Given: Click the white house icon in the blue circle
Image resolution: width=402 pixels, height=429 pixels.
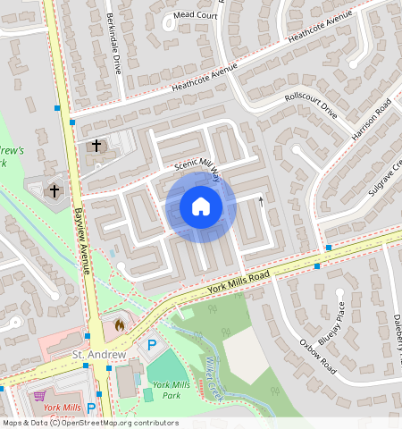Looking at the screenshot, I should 201,206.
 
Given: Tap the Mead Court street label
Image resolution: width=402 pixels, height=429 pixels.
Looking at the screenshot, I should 196,15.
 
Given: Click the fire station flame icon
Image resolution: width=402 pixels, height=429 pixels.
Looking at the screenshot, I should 120,324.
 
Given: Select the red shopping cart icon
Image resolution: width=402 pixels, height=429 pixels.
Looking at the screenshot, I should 38,394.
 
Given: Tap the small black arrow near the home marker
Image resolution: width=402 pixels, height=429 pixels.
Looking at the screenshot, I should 262,201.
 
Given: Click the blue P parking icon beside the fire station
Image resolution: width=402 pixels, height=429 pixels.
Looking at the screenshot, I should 151,344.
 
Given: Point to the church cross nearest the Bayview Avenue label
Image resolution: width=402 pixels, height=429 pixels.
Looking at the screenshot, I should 54,190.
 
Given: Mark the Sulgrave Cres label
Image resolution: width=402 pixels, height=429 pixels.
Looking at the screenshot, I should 386,178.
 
